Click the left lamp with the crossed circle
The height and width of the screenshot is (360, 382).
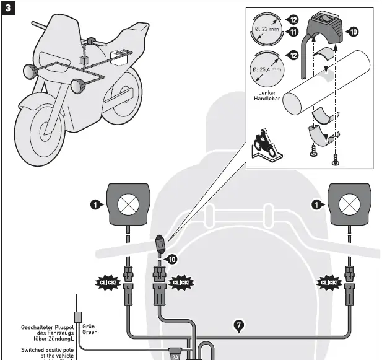(x=128, y=204)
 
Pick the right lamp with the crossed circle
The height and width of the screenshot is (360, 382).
(x=350, y=204)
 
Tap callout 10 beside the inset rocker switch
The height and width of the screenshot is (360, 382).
(x=354, y=30)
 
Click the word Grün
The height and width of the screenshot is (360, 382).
(x=89, y=326)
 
